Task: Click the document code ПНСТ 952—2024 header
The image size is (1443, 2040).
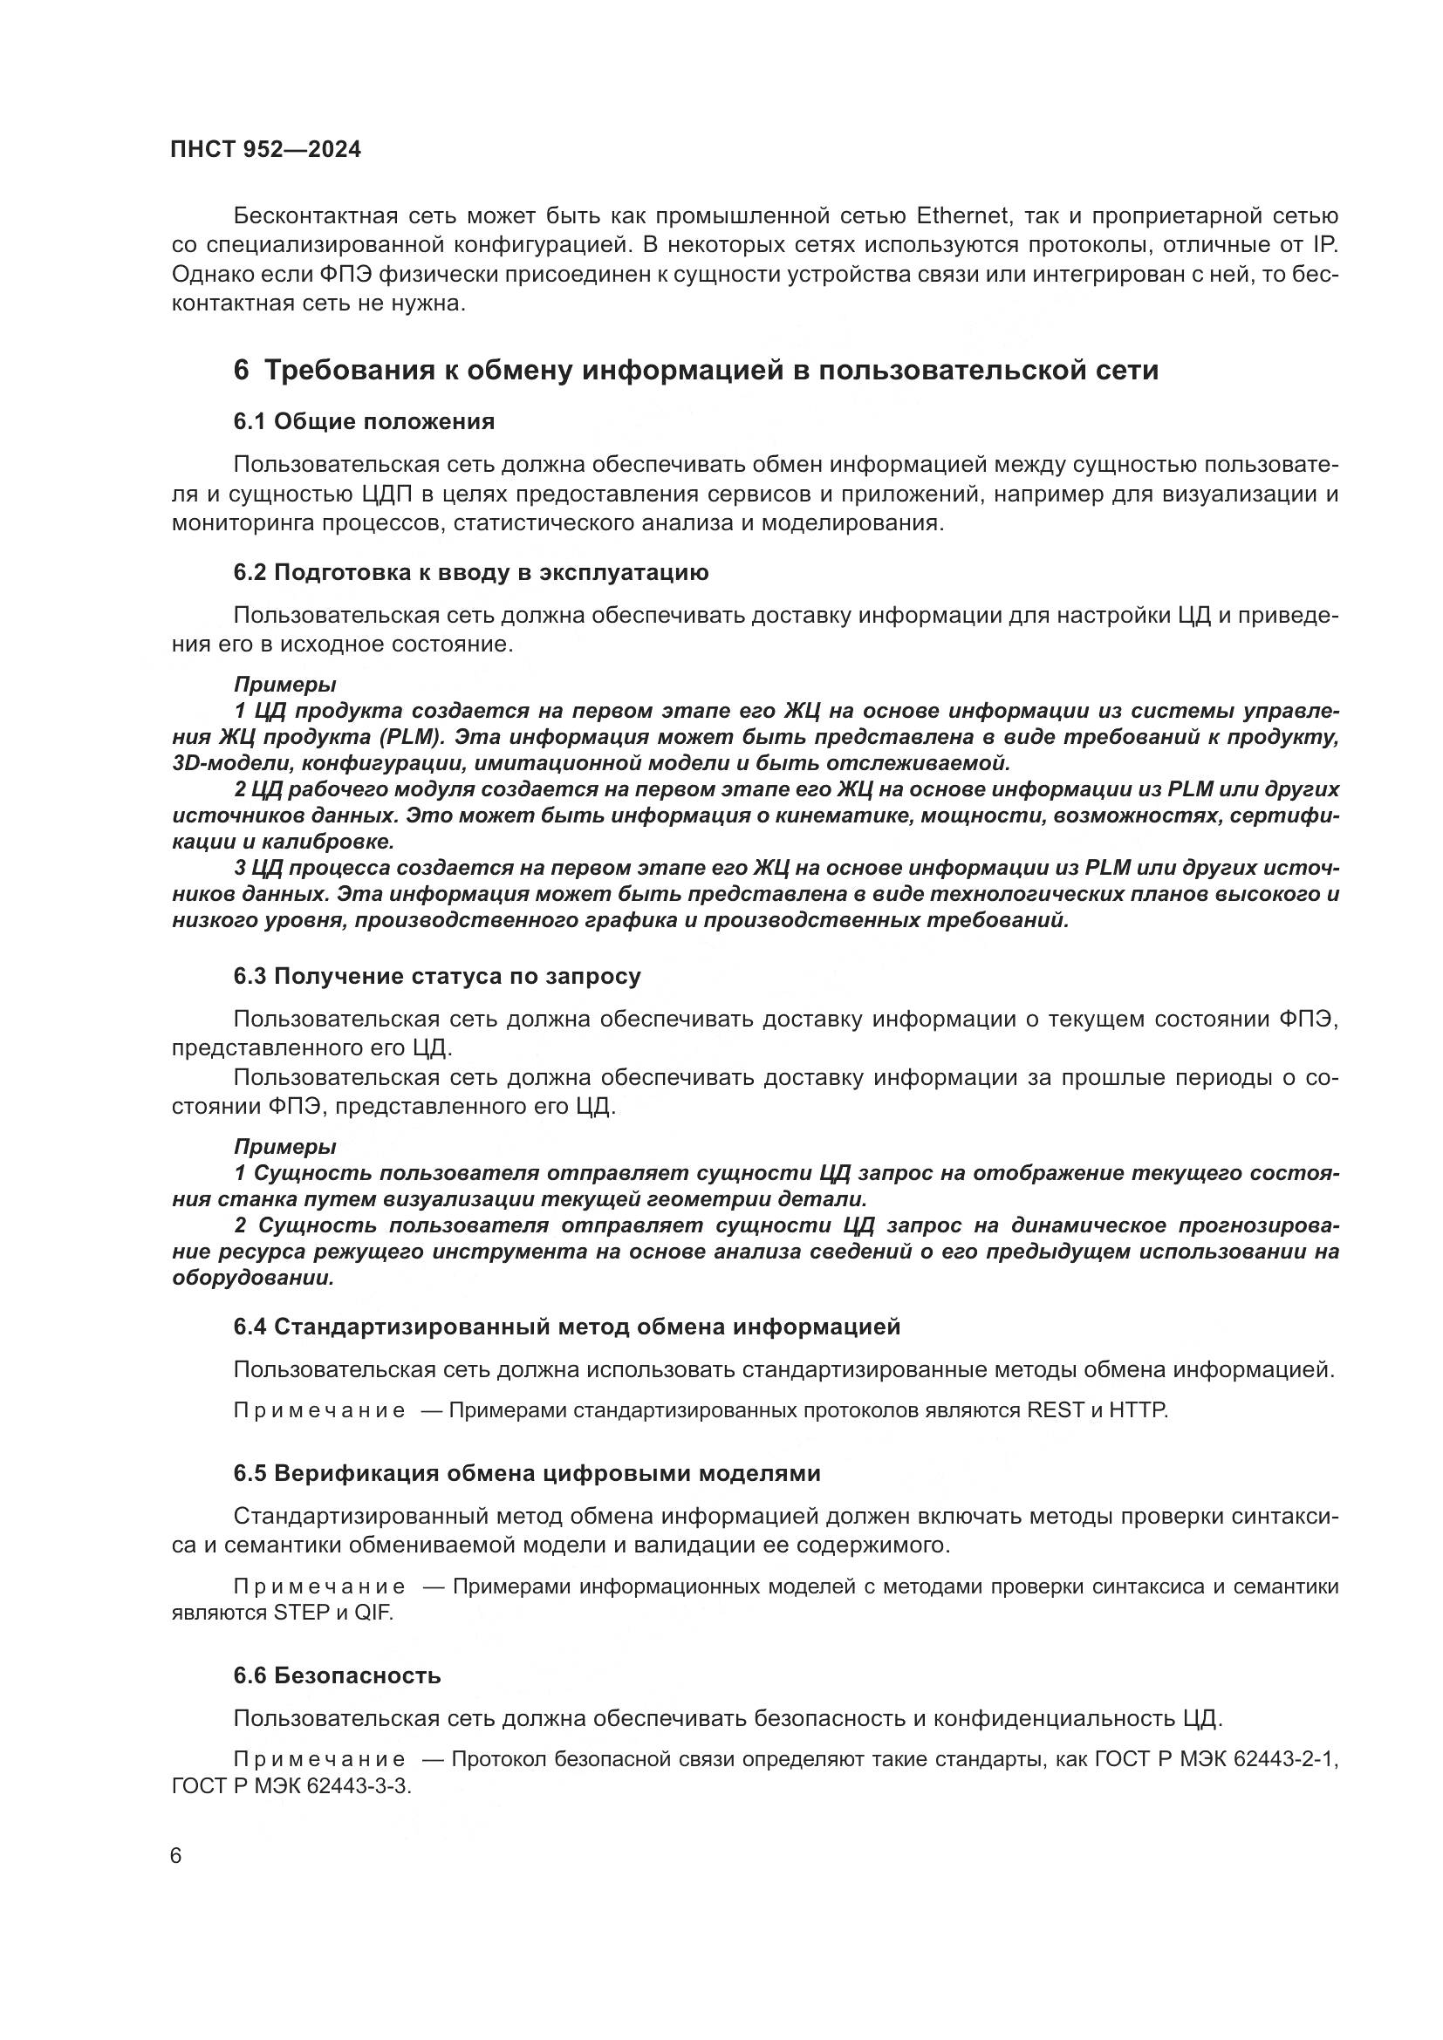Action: point(266,149)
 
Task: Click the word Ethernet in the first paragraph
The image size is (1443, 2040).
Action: point(961,216)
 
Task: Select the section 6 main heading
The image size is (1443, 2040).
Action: point(695,370)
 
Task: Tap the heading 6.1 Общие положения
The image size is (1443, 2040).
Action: point(365,421)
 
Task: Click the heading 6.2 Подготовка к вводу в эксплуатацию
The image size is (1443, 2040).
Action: point(471,572)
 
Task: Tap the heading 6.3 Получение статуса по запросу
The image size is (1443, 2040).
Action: point(437,976)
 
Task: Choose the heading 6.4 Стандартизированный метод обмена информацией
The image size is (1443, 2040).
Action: point(567,1327)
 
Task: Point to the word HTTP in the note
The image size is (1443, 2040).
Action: point(1139,1410)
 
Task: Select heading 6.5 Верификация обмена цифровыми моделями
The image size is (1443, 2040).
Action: point(527,1473)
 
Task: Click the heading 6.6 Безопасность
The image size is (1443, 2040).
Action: point(338,1675)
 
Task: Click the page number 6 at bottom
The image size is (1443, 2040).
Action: point(176,1856)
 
